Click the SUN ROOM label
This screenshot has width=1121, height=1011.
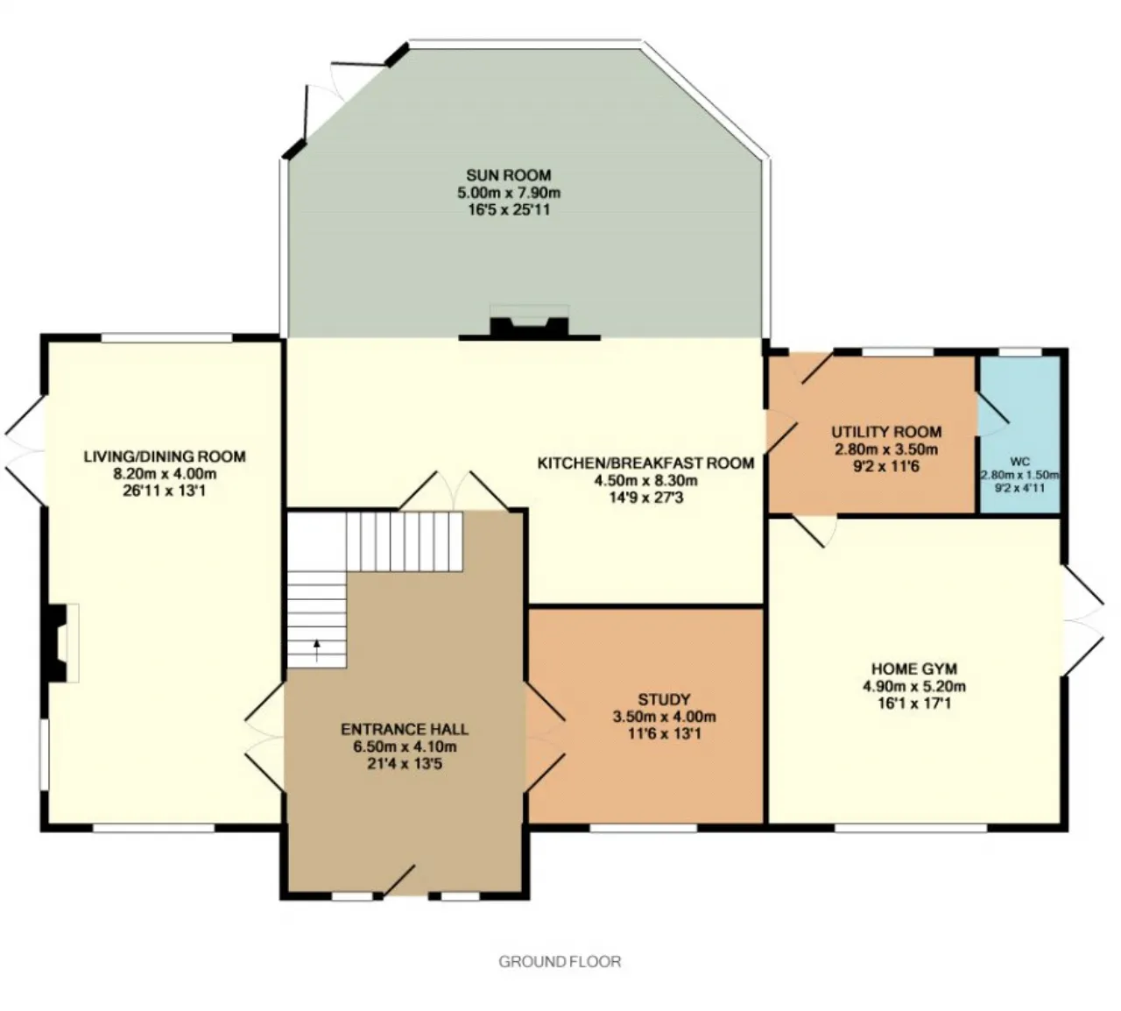(509, 175)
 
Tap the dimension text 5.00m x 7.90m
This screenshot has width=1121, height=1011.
(509, 193)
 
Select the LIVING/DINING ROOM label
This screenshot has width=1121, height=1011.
(165, 456)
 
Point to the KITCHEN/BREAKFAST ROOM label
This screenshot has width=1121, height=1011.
(646, 463)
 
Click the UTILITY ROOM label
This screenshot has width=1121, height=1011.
(886, 432)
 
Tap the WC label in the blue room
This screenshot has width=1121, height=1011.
(1020, 462)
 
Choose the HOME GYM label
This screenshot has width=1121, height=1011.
(914, 668)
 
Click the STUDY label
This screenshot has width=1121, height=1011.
(664, 699)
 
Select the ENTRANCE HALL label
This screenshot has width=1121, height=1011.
(405, 729)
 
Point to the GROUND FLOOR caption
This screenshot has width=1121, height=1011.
(560, 962)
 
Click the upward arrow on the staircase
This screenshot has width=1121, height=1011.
(317, 650)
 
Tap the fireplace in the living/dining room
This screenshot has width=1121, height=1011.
(61, 643)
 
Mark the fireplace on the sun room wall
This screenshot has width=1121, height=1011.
(529, 323)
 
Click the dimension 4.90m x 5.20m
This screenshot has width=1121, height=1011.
(914, 686)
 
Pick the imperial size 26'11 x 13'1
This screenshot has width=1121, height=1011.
(165, 491)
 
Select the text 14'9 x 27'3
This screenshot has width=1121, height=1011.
(646, 498)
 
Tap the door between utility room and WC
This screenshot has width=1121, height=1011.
(992, 414)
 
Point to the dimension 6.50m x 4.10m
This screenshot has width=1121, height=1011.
(405, 746)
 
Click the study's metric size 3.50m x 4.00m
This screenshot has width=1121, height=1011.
(664, 717)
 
